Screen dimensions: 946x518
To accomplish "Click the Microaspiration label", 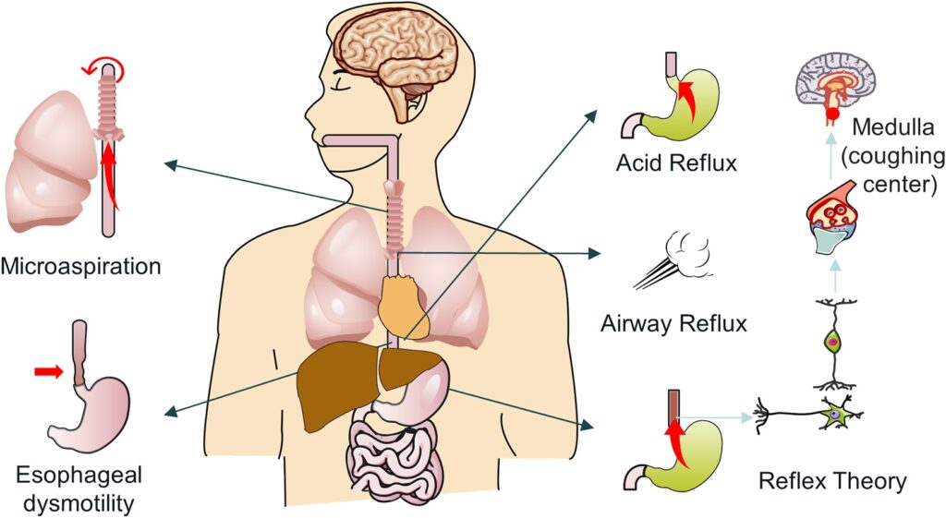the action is click(80, 266).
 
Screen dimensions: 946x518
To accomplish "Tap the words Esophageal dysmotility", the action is click(79, 488).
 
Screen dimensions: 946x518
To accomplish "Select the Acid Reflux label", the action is click(676, 163).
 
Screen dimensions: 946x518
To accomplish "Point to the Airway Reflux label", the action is click(673, 323).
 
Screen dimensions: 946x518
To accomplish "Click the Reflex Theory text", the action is click(832, 481).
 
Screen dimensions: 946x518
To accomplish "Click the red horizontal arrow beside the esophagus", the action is click(48, 372).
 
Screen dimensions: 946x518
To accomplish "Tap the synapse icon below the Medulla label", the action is click(835, 218).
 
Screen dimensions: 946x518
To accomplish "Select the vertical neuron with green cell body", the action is click(833, 343).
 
